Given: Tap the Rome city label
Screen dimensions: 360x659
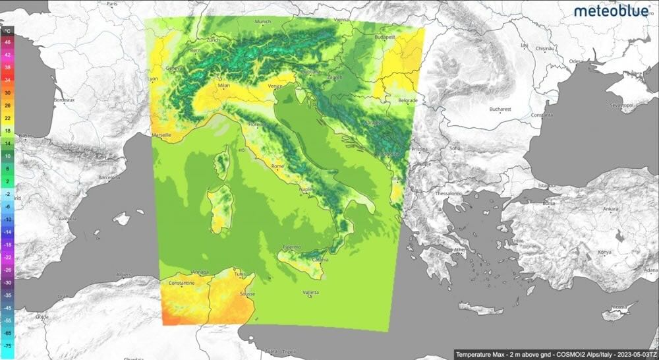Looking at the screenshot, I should pos(278,166).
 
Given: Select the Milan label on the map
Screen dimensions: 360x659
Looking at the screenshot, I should pos(227,85).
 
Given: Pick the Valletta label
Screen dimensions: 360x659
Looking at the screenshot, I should pos(310,292).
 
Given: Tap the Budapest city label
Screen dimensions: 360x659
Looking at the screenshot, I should pos(385,38).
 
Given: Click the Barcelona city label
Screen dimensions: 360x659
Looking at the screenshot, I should pos(110,178).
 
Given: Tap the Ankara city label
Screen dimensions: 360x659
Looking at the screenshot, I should pos(611,208).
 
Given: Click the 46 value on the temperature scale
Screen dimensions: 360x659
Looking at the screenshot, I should pos(8,42).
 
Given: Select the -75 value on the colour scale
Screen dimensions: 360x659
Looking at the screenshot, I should pos(8,345).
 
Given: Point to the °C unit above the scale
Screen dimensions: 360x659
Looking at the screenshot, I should pos(7,31).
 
